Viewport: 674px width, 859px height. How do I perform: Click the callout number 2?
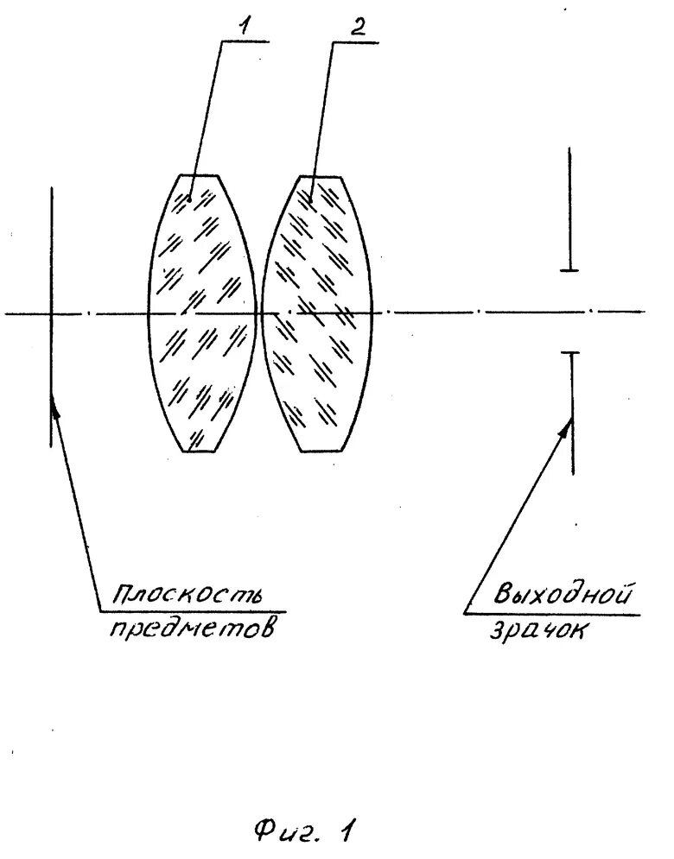(358, 26)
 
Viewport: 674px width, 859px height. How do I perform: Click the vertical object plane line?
(52, 259)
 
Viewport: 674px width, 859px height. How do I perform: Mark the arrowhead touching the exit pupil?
(569, 422)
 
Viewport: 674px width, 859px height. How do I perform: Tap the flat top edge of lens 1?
(200, 176)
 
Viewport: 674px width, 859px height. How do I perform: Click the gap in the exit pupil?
(569, 312)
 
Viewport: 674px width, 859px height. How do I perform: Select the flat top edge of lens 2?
(320, 176)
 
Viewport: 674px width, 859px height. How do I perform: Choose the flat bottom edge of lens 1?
(200, 451)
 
